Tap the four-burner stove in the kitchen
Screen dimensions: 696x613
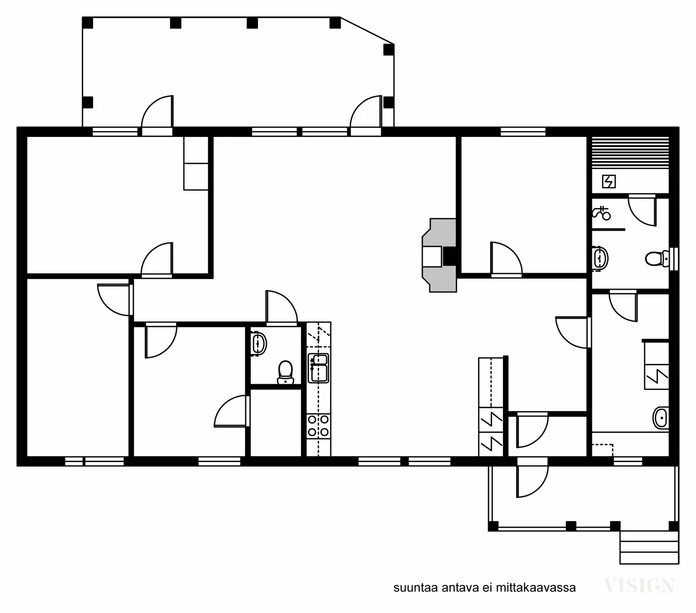[x=318, y=425]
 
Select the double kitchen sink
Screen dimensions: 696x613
[x=318, y=368]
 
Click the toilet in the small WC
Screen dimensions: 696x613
[x=286, y=372]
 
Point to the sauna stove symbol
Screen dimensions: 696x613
[x=609, y=182]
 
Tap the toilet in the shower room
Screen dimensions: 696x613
[x=657, y=259]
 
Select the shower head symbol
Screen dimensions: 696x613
[x=601, y=213]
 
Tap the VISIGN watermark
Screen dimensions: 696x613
[x=639, y=586]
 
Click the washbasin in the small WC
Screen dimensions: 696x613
[x=259, y=342]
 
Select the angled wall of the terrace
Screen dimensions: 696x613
[x=367, y=31]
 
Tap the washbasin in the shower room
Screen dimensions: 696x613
[x=600, y=258]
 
